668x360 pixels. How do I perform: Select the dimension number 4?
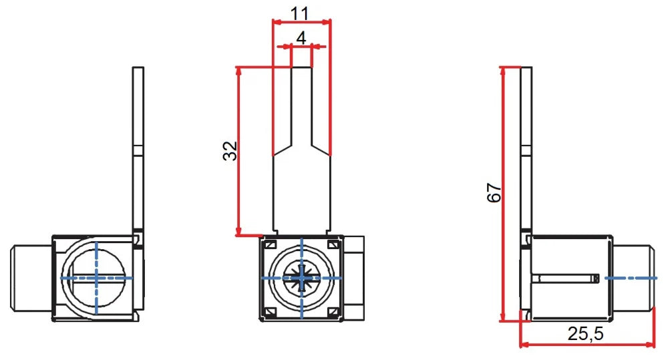301,38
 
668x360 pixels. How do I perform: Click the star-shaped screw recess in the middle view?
302,277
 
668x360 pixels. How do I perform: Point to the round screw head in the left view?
97,277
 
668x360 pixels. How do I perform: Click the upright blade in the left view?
138,147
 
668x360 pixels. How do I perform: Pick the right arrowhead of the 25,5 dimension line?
651,345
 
